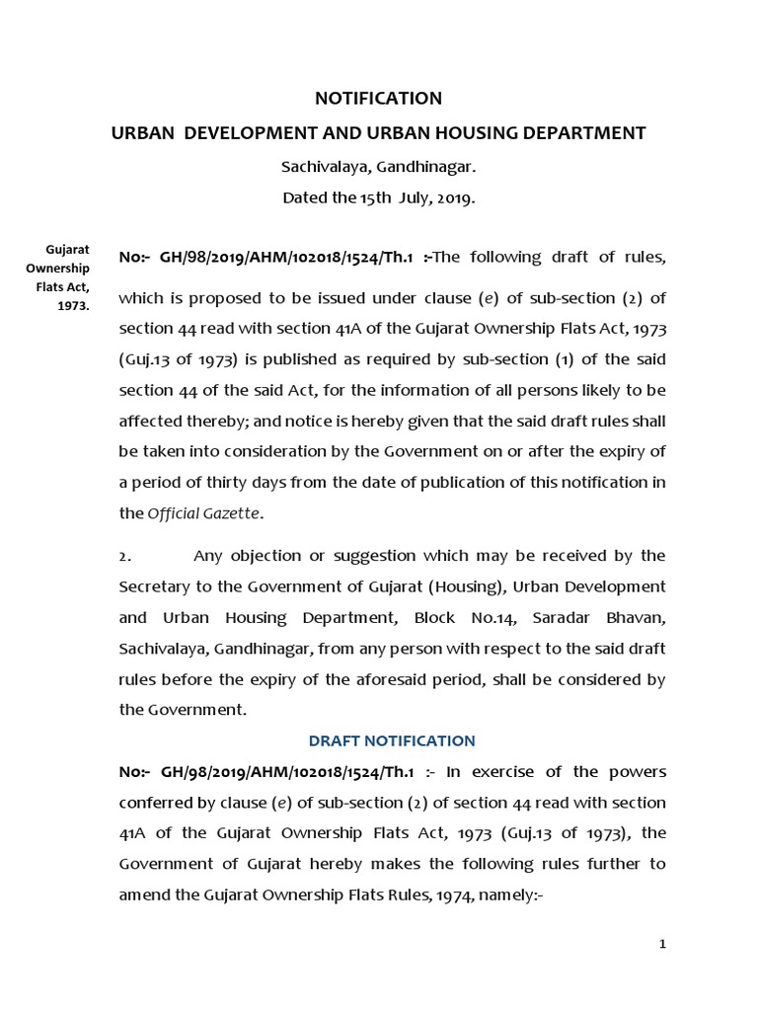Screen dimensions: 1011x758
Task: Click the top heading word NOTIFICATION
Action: point(378,99)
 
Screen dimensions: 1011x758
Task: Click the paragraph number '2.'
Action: point(125,556)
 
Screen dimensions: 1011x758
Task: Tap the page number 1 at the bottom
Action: point(663,945)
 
